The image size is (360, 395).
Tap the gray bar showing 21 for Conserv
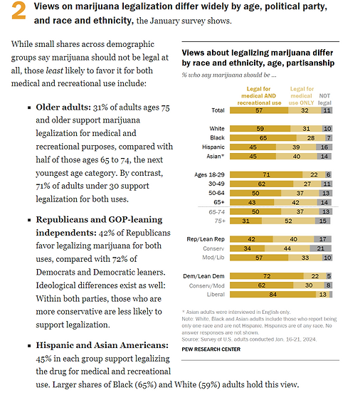[x=322, y=249]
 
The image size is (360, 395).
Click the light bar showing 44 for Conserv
[x=286, y=249]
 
